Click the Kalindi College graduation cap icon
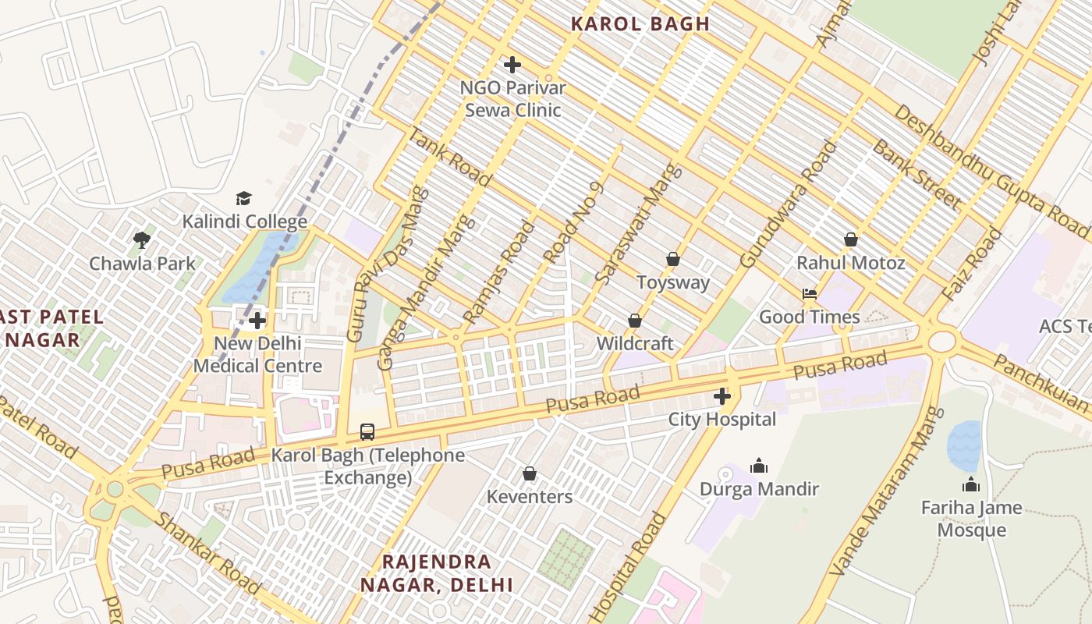244,198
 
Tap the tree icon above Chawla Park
141,239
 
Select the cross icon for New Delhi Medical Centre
257,320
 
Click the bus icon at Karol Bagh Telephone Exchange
367,431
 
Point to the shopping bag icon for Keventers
530,473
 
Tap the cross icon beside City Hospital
722,396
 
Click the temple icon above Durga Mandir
758,466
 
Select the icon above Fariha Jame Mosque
970,484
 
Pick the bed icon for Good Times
810,294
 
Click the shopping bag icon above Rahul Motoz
850,239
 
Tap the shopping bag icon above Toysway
672,259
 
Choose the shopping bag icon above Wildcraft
635,321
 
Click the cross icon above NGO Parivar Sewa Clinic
512,65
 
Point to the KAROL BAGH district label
640,24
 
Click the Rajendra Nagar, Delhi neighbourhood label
437,573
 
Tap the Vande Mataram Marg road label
881,491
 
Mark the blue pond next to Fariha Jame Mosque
964,445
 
